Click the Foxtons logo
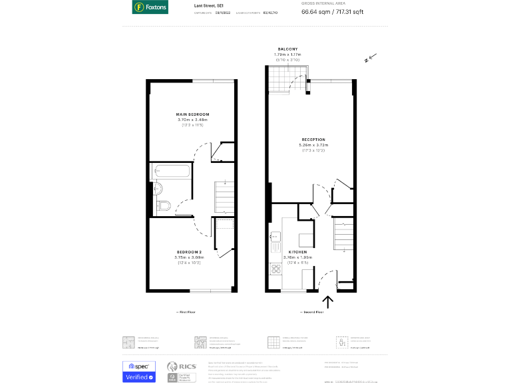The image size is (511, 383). pos(150,7)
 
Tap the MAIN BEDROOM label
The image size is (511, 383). pos(192,114)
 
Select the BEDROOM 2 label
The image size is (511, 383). pos(188,252)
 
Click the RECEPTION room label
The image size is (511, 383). pos(314,140)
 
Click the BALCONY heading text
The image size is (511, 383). pos(287,49)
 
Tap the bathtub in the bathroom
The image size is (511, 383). pos(172,170)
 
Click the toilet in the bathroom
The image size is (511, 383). pos(164,205)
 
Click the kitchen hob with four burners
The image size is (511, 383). pos(274,269)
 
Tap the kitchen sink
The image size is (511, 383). pos(273,235)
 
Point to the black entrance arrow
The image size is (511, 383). pos(328,303)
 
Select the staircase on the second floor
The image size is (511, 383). pos(342,234)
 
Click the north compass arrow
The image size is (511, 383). pos(371,59)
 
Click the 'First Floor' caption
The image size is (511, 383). pos(186,311)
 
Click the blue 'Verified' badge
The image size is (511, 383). pos(139,377)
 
